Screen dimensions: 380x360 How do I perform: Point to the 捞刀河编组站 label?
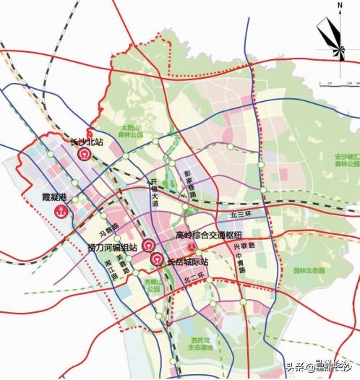[x=111, y=247]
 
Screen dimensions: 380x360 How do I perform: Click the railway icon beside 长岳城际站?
[x=155, y=260]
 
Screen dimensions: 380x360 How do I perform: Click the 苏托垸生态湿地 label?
[x=197, y=343]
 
